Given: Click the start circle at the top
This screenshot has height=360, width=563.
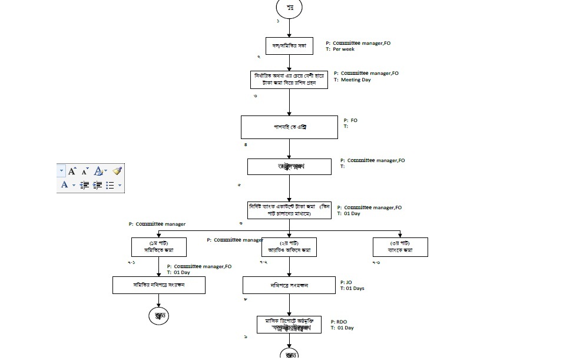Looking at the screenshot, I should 289,8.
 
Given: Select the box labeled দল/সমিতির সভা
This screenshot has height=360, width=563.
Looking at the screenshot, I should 289,46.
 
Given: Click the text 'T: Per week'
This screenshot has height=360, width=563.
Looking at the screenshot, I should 340,49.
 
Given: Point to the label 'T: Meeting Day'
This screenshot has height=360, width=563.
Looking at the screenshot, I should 356,80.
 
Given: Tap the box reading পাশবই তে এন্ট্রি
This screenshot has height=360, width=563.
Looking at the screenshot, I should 289,127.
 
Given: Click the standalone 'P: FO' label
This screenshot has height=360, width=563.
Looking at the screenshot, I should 350,120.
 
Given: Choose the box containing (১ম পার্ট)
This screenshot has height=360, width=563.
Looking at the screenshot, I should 159,247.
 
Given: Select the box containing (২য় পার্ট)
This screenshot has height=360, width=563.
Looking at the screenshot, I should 289,247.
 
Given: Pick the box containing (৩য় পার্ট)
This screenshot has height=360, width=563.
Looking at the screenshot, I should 400,247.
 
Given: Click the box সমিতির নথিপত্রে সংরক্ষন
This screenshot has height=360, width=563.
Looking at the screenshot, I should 159,285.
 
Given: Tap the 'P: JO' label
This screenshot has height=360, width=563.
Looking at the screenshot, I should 346,282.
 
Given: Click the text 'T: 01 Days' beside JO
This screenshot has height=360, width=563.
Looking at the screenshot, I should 352,289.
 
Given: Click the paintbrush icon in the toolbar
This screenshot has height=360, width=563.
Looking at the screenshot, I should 117,171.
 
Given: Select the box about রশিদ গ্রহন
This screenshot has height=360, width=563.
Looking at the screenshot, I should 289,80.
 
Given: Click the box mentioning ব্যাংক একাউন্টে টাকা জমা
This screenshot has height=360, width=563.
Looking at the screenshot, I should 289,210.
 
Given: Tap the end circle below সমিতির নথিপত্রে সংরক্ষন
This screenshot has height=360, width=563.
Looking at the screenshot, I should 159,316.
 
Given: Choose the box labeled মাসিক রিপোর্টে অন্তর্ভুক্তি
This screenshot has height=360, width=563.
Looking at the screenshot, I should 289,325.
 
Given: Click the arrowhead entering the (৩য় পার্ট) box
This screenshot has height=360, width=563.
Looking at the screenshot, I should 400,235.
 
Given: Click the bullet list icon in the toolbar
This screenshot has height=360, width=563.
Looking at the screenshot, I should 110,185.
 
